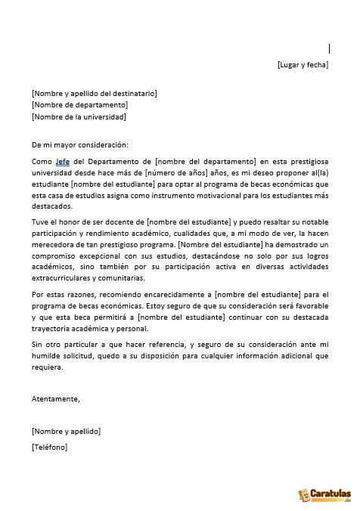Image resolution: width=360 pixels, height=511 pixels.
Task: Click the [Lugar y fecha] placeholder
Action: tap(303, 65)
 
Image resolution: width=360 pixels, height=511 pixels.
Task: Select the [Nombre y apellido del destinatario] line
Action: tap(94, 93)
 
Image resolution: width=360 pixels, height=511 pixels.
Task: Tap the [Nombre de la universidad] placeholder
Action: tap(79, 117)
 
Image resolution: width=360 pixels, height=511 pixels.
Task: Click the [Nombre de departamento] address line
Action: tap(79, 105)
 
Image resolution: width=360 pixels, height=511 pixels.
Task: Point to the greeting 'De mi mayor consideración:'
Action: tap(80, 144)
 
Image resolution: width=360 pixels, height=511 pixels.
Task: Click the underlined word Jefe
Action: tap(62, 162)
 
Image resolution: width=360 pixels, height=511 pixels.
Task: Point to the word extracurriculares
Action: tap(61, 278)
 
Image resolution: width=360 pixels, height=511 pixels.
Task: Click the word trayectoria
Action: tap(54, 328)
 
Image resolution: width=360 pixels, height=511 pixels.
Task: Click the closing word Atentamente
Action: tap(55, 398)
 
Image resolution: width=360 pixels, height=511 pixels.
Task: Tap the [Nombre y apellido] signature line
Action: tap(66, 431)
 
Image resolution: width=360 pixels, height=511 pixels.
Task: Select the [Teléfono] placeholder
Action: tap(49, 448)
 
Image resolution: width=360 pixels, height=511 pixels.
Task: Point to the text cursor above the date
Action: tap(329, 48)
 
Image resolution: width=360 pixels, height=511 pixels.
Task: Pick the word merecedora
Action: tap(54, 246)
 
